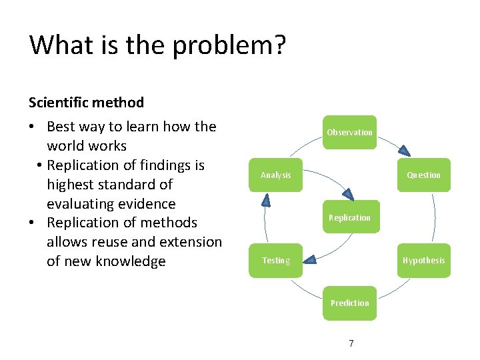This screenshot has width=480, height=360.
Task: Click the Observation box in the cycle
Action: point(349,132)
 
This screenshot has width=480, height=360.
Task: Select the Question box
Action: point(423,175)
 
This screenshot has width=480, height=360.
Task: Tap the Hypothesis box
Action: point(423,260)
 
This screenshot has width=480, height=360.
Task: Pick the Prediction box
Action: point(349,303)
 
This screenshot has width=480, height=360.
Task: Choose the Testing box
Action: point(275,260)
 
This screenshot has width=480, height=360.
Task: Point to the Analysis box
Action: point(275,175)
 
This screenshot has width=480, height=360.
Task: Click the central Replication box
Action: point(349,217)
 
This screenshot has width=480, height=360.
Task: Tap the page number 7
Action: point(351,343)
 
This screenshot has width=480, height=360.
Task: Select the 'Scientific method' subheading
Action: point(86,102)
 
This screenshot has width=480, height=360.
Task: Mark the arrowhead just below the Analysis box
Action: point(266,199)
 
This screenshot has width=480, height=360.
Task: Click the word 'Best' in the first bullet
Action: point(61,126)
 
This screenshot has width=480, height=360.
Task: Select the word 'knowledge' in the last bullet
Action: point(131,261)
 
